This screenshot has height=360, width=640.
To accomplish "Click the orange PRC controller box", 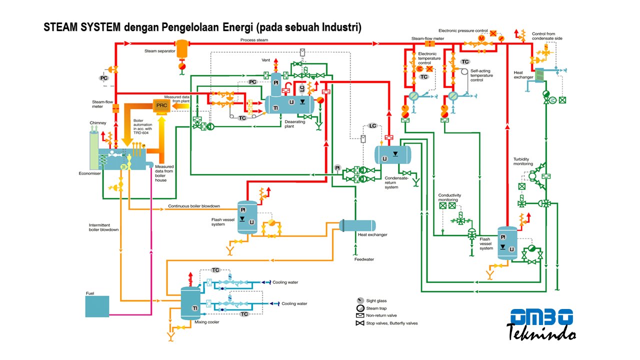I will [x=161, y=106].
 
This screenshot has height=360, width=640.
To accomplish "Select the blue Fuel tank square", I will [x=97, y=306].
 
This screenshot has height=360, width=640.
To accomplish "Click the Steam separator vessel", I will [x=182, y=49].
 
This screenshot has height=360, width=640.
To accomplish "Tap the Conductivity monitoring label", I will [x=449, y=197].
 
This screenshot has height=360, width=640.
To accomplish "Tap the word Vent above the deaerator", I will [x=265, y=60].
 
